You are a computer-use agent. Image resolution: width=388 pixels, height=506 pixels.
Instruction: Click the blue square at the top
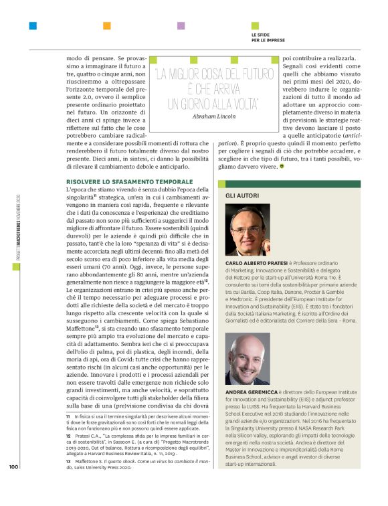[33, 26]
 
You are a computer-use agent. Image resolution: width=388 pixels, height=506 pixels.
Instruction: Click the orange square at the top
[106, 26]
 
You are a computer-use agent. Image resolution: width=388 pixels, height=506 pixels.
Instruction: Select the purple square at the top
[181, 26]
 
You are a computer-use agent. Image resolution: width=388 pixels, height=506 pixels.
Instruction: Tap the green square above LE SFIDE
[255, 26]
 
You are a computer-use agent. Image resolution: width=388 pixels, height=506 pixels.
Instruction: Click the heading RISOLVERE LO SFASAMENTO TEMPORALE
[110, 182]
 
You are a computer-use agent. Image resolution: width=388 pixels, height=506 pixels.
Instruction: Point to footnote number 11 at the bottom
[68, 416]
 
